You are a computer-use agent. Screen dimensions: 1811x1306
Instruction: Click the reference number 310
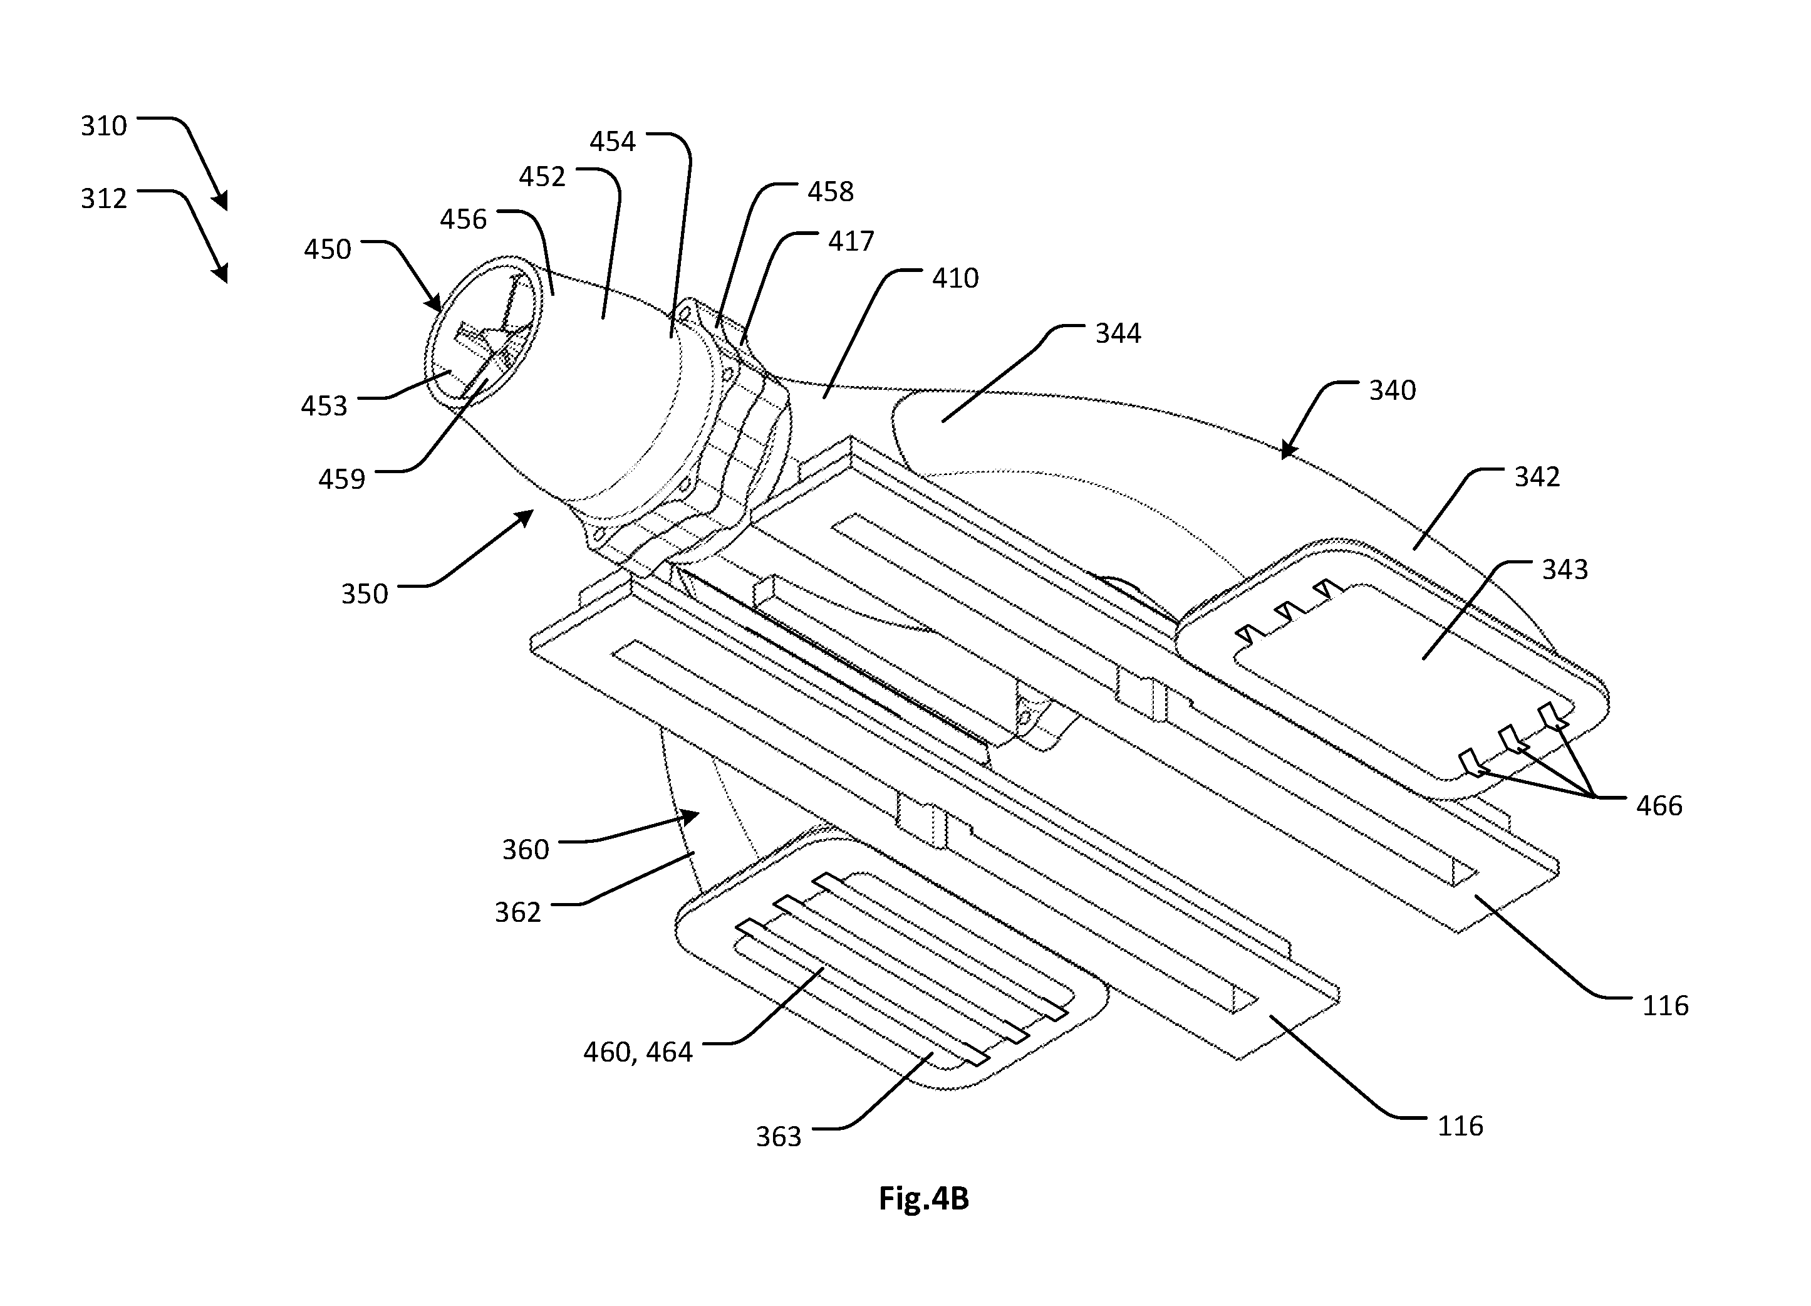104,126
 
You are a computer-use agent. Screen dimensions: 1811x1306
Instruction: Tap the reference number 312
104,199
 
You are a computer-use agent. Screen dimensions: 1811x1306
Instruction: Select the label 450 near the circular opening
328,249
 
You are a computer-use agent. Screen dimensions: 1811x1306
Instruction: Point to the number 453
324,406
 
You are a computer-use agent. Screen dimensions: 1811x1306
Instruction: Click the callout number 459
342,479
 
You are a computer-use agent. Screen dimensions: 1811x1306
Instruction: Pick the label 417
851,241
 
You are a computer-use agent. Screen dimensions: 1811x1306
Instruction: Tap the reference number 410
955,278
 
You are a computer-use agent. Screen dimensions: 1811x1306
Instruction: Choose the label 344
1118,333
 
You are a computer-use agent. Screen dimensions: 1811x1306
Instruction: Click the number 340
1393,390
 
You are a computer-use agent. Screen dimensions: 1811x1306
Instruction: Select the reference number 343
1565,570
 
